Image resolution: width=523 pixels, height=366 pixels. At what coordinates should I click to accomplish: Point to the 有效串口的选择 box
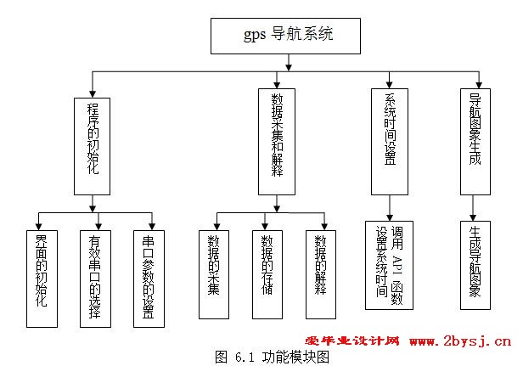96,277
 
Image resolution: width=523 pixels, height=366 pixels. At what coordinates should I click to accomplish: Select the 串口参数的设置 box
148,277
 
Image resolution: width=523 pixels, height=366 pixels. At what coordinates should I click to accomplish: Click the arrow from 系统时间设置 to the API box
390,208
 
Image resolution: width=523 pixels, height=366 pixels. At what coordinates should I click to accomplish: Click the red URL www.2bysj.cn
460,341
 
